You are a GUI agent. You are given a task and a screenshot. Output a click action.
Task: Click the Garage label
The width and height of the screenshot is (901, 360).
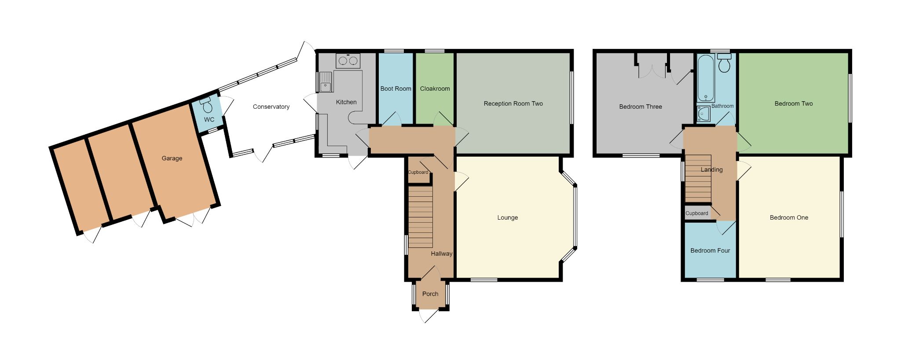(172, 158)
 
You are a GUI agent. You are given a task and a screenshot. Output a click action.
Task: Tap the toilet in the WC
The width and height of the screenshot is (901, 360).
(207, 106)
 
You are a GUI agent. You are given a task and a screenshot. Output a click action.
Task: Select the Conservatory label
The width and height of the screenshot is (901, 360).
(271, 107)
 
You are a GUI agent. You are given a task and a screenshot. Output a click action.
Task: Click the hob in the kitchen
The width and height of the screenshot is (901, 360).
(348, 61)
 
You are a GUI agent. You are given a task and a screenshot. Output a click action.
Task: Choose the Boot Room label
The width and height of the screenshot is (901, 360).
(396, 89)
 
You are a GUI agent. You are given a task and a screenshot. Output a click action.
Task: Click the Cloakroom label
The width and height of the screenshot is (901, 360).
(435, 89)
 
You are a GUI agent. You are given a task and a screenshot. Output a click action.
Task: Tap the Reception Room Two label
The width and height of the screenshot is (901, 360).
(513, 104)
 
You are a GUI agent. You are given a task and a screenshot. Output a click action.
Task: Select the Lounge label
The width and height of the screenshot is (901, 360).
(507, 218)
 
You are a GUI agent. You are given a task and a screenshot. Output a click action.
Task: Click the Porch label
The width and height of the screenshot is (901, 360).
(430, 294)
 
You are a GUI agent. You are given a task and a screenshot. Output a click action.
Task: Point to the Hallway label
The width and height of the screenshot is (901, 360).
(441, 254)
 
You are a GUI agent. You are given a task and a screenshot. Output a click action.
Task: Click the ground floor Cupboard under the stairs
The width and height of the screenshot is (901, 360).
(418, 173)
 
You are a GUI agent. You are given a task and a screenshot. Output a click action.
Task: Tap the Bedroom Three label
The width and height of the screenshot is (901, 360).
(640, 107)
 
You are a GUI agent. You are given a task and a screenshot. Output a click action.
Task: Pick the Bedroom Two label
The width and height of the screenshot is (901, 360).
(793, 104)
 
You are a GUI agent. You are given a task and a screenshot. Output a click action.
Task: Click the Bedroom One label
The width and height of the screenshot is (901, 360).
(789, 218)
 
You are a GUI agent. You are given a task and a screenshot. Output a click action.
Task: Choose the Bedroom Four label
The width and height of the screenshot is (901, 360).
(710, 251)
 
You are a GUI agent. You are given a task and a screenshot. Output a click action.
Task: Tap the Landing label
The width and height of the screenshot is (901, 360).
(711, 170)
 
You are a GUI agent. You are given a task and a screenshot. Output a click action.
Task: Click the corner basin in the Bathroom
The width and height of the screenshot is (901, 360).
(703, 114)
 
